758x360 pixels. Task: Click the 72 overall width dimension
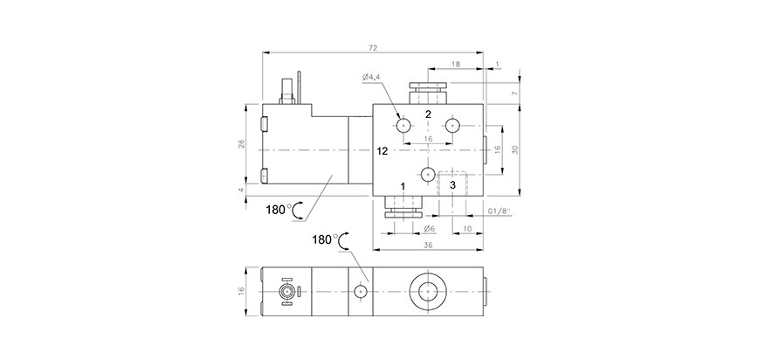point(373,47)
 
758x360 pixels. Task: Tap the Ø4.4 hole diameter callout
point(372,77)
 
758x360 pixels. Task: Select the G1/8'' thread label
point(500,211)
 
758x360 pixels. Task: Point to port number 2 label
point(428,114)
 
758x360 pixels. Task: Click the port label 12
point(382,151)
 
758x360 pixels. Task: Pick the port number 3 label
point(452,185)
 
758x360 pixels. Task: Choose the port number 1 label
point(403,186)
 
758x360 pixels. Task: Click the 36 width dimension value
point(428,246)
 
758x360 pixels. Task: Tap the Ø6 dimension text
point(430,228)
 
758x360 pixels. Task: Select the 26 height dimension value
point(241,143)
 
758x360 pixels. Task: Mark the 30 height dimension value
point(515,149)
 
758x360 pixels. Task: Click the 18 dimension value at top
point(455,64)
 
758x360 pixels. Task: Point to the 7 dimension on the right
point(515,93)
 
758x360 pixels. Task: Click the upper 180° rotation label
point(279,210)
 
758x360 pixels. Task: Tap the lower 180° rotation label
point(326,239)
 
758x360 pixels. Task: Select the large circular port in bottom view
point(428,292)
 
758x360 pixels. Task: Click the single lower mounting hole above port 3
point(428,174)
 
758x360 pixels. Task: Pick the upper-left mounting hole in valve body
point(403,127)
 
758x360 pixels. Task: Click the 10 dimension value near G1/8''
point(467,228)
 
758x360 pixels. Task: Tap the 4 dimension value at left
point(241,190)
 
